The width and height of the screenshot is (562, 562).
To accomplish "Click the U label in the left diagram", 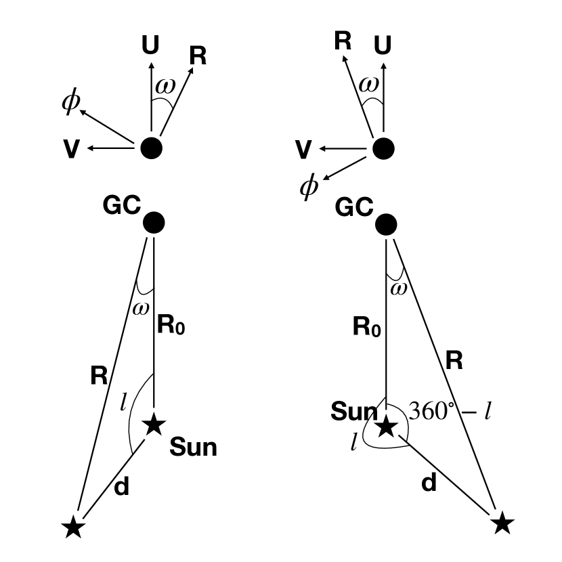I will (151, 46).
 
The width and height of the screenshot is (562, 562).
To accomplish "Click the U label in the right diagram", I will (383, 46).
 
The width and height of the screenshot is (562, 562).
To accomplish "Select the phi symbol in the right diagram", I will (309, 186).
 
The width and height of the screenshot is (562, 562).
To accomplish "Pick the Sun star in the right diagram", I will (386, 427).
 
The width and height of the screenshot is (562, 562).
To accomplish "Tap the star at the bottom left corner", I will (73, 526).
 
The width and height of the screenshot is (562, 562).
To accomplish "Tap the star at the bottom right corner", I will (502, 522).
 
